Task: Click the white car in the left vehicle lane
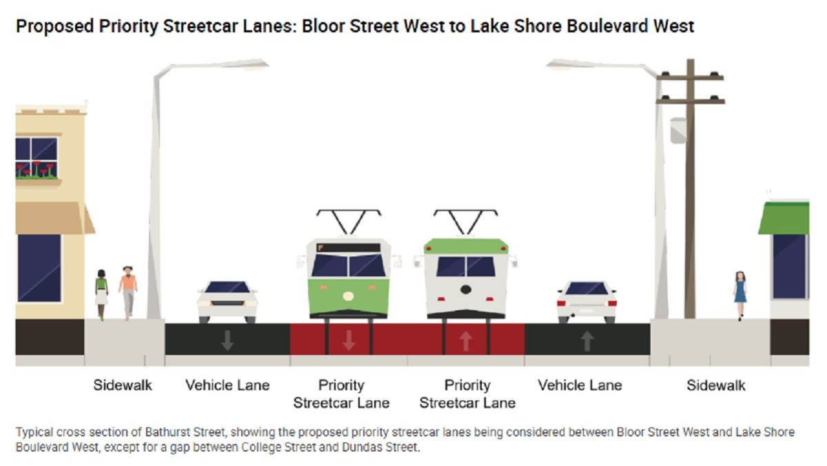(227, 301)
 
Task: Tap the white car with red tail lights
(586, 301)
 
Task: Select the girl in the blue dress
(740, 292)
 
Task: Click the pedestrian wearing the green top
(101, 292)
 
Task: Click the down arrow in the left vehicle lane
(227, 340)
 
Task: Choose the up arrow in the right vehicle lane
(586, 340)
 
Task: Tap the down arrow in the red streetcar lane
(349, 340)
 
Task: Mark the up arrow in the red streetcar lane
(466, 340)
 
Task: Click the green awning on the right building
(784, 219)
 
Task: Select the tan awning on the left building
(52, 218)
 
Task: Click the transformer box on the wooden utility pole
(678, 130)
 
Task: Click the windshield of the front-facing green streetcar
(348, 265)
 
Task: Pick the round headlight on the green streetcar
(348, 296)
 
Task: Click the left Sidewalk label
(123, 385)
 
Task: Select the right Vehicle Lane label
(580, 385)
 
